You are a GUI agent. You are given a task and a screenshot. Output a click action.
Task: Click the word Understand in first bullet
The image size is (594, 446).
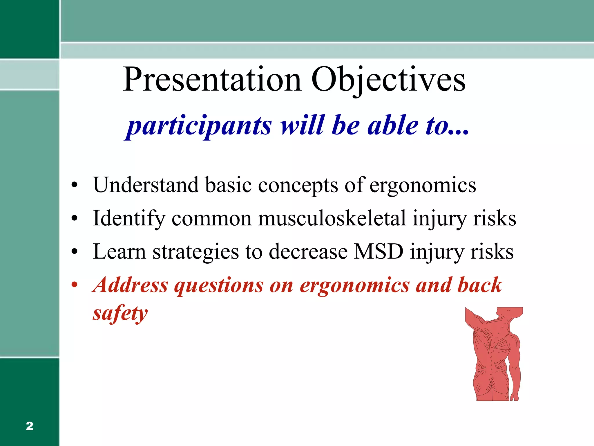click(146, 185)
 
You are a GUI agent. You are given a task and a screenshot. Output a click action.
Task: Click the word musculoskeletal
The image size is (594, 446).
click(332, 218)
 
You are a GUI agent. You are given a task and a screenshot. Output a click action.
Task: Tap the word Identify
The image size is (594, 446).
click(129, 218)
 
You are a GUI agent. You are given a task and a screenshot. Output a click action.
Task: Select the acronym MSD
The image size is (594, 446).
click(379, 251)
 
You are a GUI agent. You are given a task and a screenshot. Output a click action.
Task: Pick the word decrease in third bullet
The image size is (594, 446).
click(308, 251)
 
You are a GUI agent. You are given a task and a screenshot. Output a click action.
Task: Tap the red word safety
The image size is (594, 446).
click(120, 314)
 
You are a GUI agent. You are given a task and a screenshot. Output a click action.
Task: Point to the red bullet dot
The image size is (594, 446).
click(75, 285)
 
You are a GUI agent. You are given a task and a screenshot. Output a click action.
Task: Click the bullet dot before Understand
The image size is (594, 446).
click(75, 185)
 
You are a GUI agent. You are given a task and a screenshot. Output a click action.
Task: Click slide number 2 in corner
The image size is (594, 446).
click(29, 426)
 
